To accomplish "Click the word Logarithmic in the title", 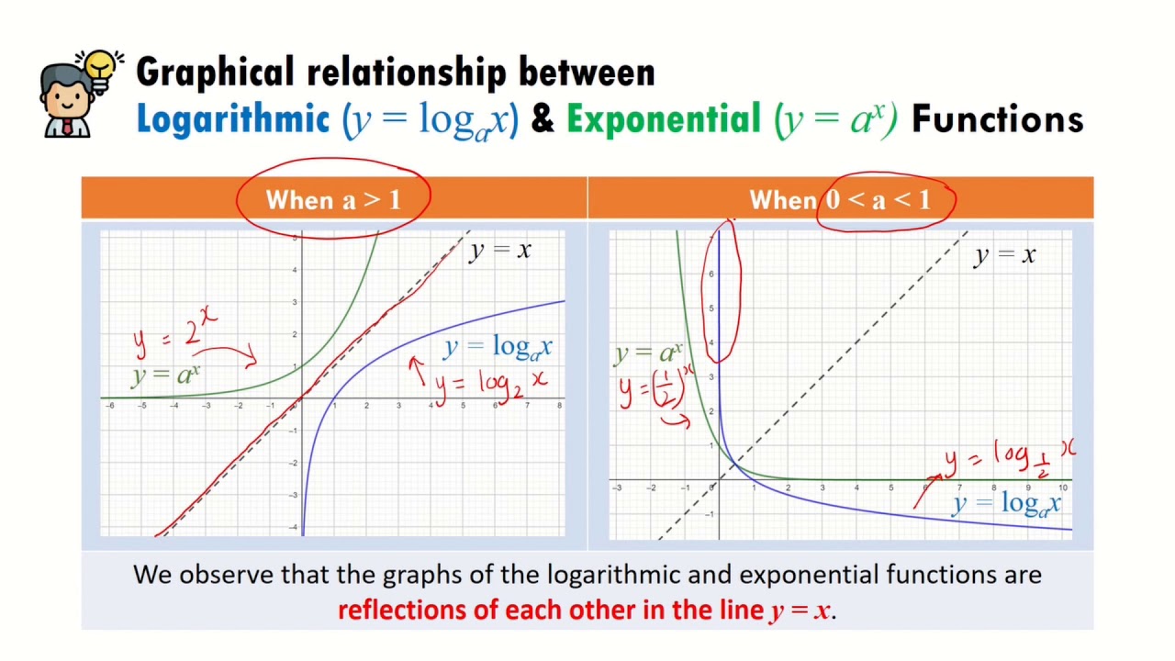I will tap(232, 119).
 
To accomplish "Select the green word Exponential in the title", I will tap(663, 119).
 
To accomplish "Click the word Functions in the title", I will tap(997, 119).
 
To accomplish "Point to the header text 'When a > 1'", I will tap(333, 199).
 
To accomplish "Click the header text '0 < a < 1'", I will tap(878, 199).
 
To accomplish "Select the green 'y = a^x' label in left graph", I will tap(165, 375).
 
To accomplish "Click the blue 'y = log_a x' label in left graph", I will tap(498, 347).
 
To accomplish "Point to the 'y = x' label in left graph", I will tap(500, 250).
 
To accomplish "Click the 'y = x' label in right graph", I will tap(1004, 255).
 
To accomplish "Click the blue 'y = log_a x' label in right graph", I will tap(1007, 503).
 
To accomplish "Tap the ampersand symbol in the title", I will tap(543, 120).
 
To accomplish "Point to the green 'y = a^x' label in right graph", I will tap(647, 353).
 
